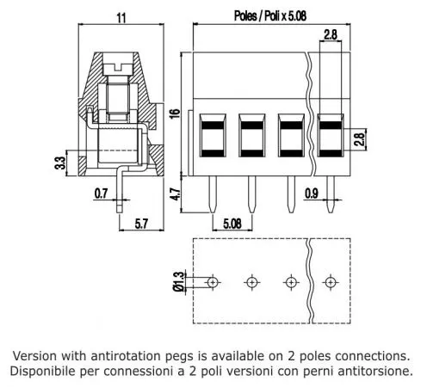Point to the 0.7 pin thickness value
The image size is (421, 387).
(x=101, y=193)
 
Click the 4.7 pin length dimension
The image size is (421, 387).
(x=176, y=194)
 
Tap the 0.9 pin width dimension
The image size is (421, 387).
(x=313, y=194)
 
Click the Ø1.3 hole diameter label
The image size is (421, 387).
(x=178, y=281)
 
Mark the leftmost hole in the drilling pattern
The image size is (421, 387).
(x=212, y=281)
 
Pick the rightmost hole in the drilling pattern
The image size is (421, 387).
(x=331, y=281)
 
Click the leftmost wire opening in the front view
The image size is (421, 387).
(x=212, y=134)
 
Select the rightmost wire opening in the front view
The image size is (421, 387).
(x=331, y=134)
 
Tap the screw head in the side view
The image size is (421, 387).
(x=120, y=63)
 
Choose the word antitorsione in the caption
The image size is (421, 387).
(x=371, y=372)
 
